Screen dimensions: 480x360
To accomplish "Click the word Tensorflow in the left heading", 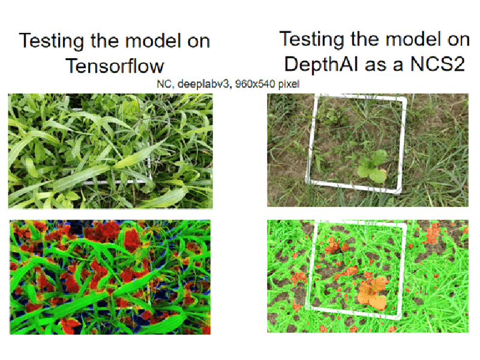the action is pyautogui.click(x=115, y=66).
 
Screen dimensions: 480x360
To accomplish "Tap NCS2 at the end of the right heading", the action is pyautogui.click(x=438, y=64).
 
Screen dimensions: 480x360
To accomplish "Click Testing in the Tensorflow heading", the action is pyautogui.click(x=51, y=41).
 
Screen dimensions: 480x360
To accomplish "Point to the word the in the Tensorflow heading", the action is pyautogui.click(x=104, y=40).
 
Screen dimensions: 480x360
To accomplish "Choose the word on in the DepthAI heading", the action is pyautogui.click(x=458, y=40).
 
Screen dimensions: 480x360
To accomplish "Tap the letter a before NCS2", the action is pyautogui.click(x=398, y=65).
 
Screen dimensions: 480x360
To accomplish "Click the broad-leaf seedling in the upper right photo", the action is pyautogui.click(x=371, y=167).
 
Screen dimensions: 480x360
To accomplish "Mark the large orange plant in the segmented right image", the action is pyautogui.click(x=372, y=292).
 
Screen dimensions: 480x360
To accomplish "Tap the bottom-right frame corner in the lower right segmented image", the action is pyautogui.click(x=398, y=317).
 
